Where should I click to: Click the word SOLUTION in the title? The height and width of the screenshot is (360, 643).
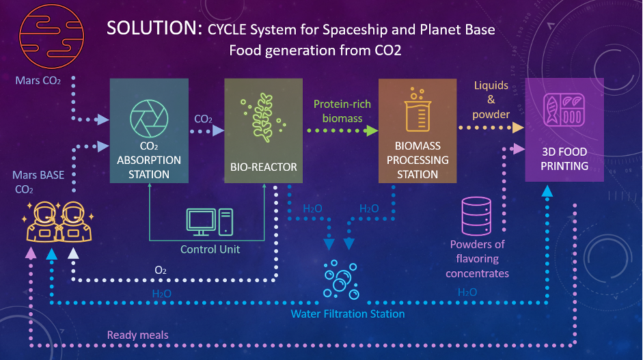pos(150,29)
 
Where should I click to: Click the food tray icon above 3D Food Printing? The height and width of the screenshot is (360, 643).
pos(564,111)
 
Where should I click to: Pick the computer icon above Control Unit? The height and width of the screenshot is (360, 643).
pos(209,223)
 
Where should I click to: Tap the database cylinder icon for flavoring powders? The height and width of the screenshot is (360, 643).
pos(477,214)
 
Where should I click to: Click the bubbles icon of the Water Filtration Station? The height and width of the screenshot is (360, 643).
pos(339,279)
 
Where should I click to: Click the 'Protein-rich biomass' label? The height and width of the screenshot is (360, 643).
pos(338,111)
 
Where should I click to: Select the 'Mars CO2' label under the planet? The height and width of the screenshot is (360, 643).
pos(38,81)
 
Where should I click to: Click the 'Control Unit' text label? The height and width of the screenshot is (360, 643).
pos(210,249)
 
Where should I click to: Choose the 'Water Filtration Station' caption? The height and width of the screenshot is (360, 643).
pos(348,314)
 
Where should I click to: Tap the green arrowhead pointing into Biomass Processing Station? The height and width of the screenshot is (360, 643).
pos(372,131)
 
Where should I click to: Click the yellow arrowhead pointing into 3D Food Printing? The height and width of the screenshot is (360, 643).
pos(519,128)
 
